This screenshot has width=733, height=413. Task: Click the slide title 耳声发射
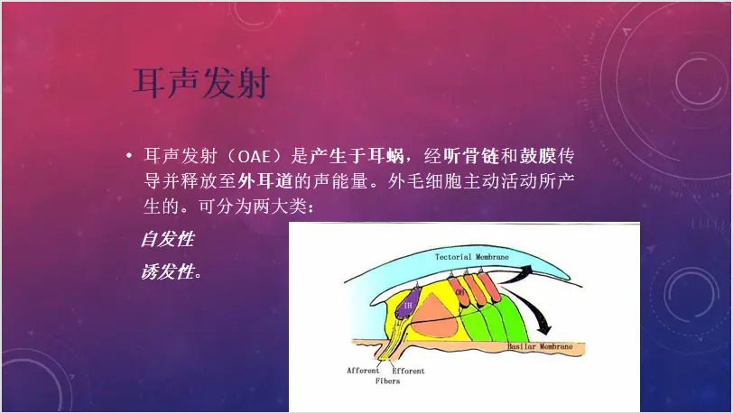[x=202, y=83]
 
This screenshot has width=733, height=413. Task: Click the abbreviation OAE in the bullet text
[x=255, y=156]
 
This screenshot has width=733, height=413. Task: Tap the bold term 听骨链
[x=471, y=156]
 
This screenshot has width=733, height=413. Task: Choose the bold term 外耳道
[x=265, y=181]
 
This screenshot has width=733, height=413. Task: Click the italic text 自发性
[x=168, y=239]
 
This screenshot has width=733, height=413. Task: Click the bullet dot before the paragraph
[x=129, y=156]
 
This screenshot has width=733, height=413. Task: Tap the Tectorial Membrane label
[x=472, y=256]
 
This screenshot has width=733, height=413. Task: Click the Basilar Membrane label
[x=540, y=346]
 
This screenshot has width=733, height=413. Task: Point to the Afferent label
[x=363, y=371]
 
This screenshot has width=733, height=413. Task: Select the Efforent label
[x=408, y=371]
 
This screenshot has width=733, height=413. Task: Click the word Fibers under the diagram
[x=387, y=381]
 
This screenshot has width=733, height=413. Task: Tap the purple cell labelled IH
[x=408, y=305]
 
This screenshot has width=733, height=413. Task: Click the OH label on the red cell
[x=460, y=292]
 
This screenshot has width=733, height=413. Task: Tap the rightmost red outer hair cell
[x=487, y=288]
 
